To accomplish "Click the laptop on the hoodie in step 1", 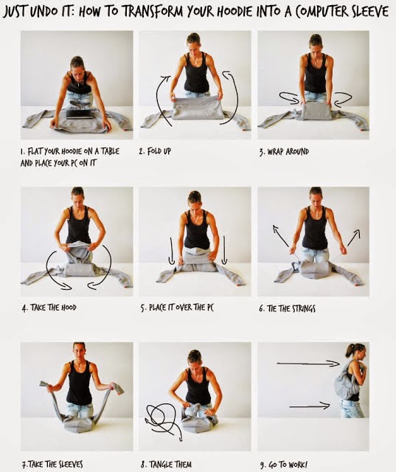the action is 80,114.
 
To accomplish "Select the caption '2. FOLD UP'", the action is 155,151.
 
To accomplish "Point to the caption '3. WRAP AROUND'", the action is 284,151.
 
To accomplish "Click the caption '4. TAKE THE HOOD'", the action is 49,308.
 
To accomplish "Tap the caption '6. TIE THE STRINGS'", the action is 287,308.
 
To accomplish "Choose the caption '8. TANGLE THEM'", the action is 166,464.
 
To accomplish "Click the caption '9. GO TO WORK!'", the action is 283,465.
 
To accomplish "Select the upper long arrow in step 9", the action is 308,364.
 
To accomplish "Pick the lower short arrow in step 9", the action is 310,406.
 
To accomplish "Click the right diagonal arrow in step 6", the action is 353,237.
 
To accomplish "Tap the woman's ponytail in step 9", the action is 349,350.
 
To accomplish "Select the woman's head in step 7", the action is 79,352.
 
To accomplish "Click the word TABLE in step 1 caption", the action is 110,151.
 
